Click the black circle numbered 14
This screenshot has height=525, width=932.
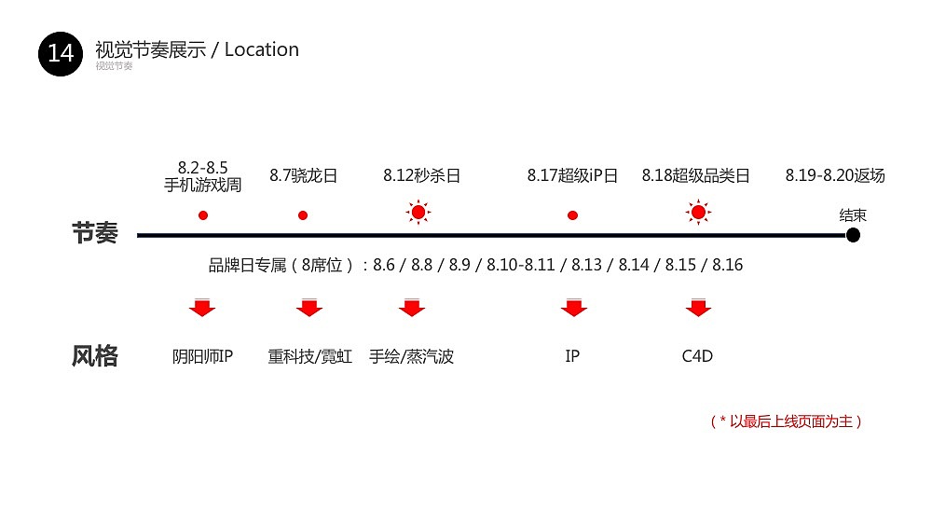tap(60, 54)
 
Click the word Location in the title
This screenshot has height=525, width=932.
tap(262, 50)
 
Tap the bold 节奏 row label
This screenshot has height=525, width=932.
tap(95, 233)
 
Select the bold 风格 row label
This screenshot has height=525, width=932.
tap(95, 356)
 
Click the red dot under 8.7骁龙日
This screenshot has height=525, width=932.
tap(303, 215)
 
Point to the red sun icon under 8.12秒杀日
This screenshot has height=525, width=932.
tap(418, 213)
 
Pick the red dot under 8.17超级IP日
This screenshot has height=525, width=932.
tap(572, 215)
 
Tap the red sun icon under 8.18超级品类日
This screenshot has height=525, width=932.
tap(698, 213)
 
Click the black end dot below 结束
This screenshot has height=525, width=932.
tap(853, 235)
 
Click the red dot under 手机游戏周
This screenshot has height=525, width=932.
tap(203, 215)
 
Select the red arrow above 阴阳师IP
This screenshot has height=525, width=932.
tap(202, 308)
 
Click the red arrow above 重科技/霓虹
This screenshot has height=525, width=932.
tap(309, 308)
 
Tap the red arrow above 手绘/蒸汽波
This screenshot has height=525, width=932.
tap(412, 308)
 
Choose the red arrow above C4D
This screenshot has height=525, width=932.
tap(698, 308)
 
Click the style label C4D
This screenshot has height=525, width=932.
tap(697, 356)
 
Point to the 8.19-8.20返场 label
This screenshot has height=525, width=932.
tap(835, 175)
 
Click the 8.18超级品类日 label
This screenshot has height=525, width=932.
tap(695, 175)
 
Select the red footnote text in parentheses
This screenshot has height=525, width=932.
tap(786, 421)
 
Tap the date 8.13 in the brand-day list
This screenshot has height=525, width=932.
tap(586, 265)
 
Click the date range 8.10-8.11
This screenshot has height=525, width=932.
tap(521, 265)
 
